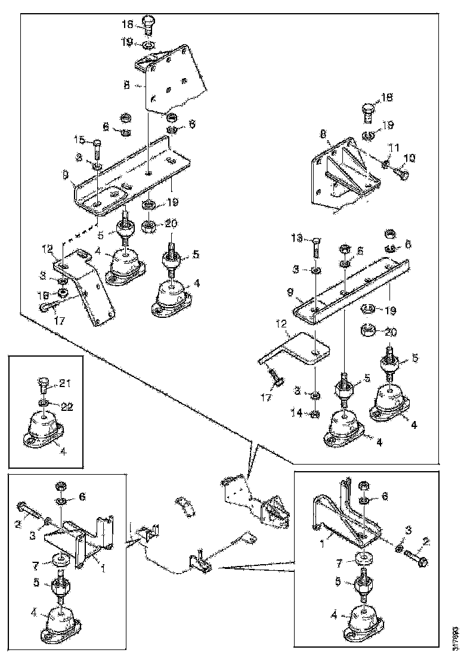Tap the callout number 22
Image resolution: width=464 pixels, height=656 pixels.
coord(67,406)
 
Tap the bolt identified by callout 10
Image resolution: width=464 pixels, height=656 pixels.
coord(403,174)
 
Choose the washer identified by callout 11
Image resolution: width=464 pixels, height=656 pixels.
coord(386,162)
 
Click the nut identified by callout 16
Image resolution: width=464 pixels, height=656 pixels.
coord(61,293)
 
